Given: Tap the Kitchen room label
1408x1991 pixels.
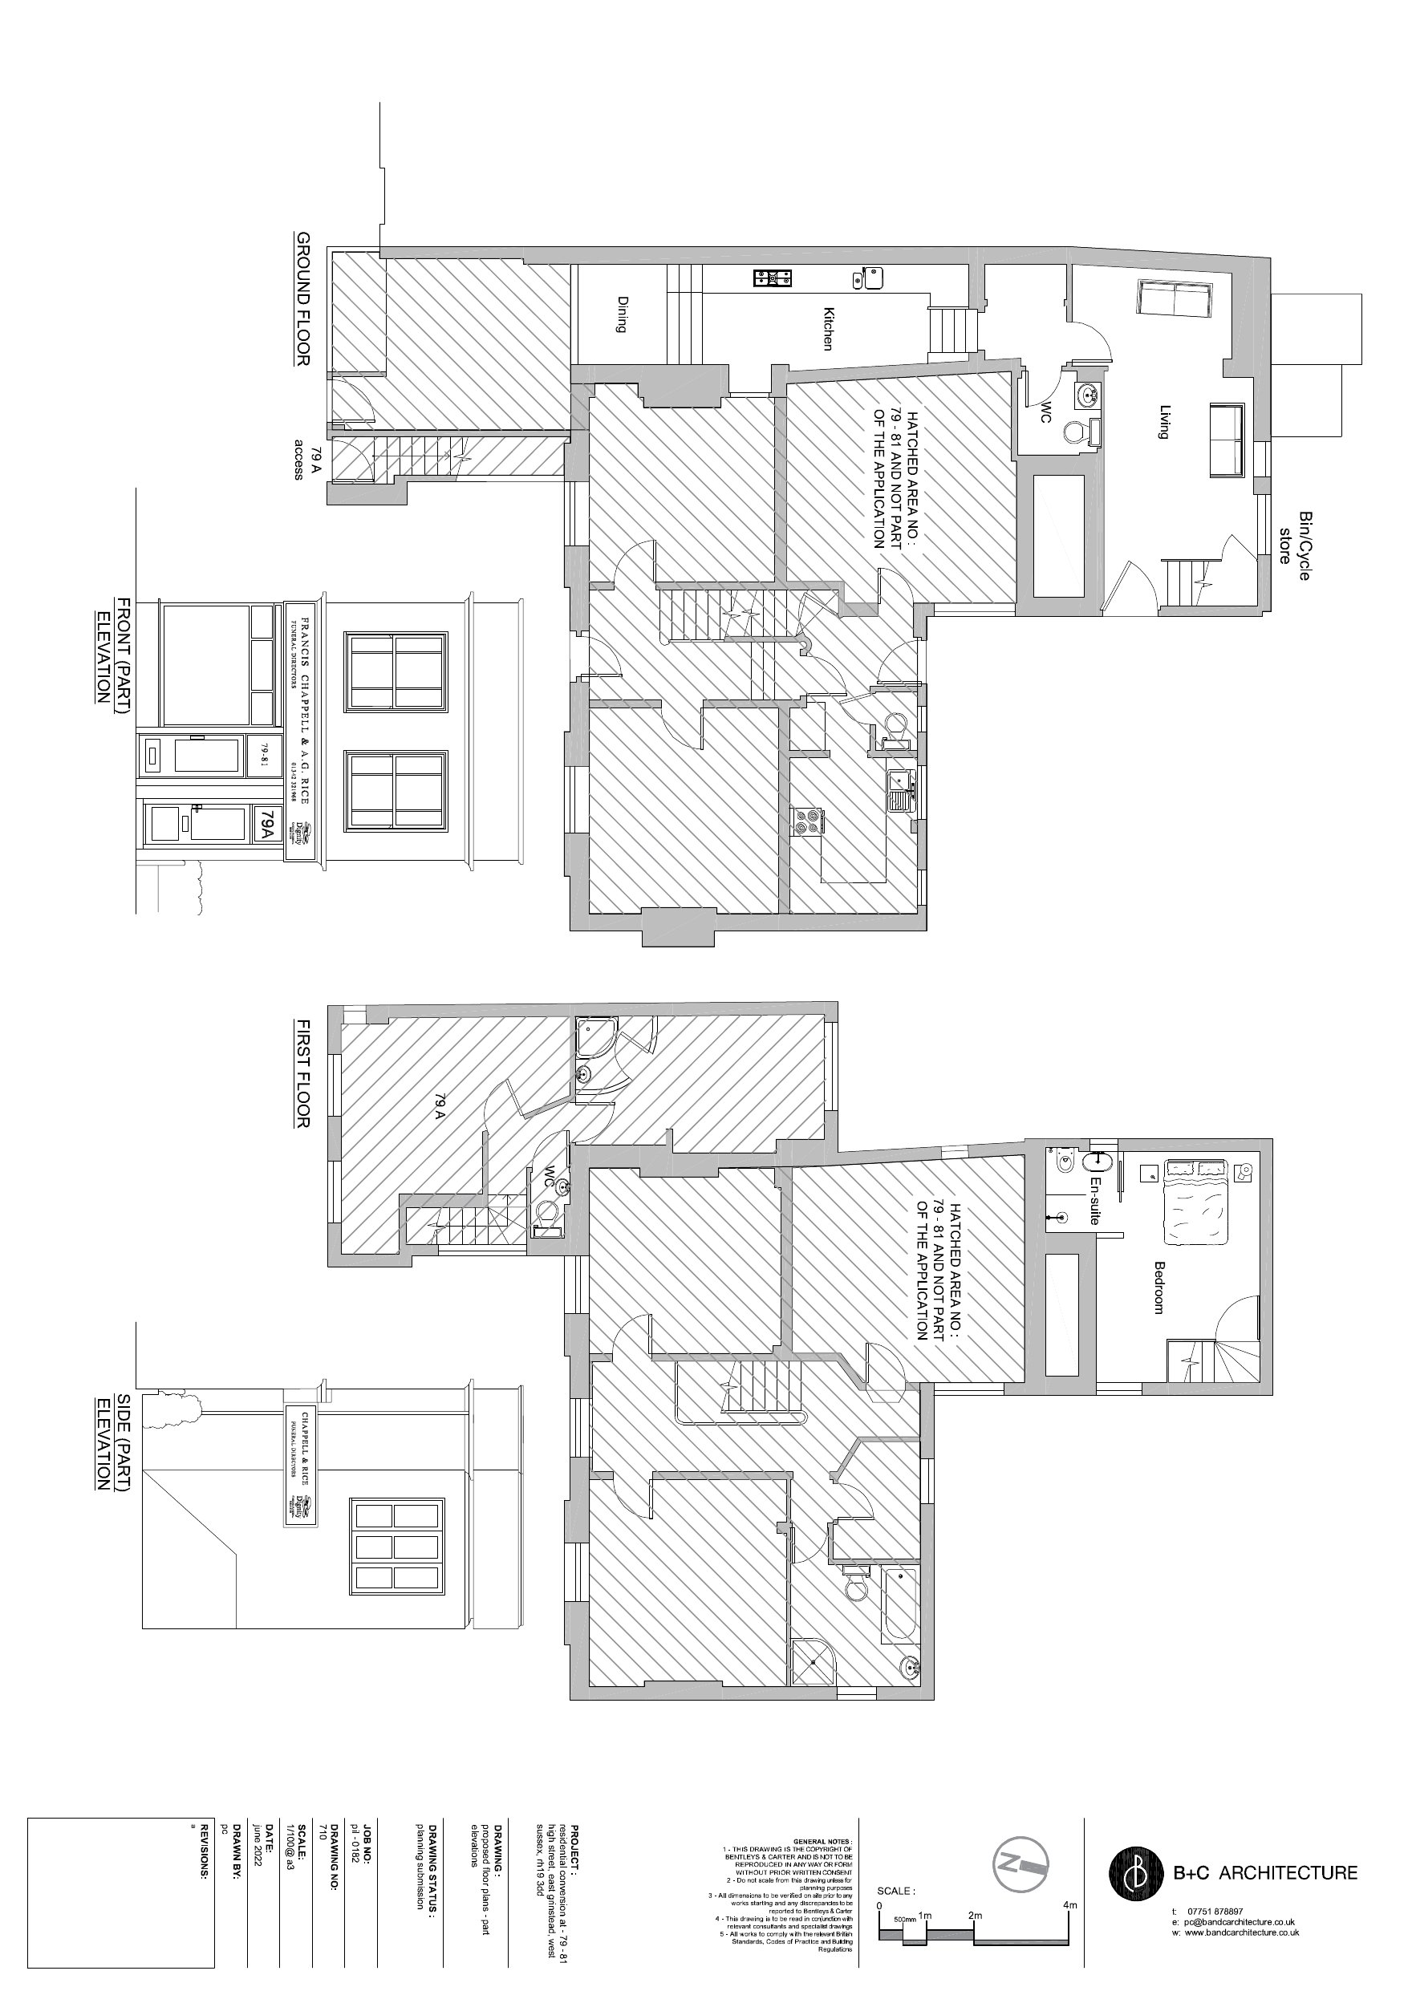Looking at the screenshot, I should pyautogui.click(x=828, y=329).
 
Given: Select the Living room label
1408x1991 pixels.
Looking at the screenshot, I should pyautogui.click(x=1165, y=421).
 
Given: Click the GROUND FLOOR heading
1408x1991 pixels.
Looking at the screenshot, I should pyautogui.click(x=302, y=298).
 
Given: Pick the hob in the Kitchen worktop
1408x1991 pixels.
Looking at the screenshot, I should pyautogui.click(x=772, y=278).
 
